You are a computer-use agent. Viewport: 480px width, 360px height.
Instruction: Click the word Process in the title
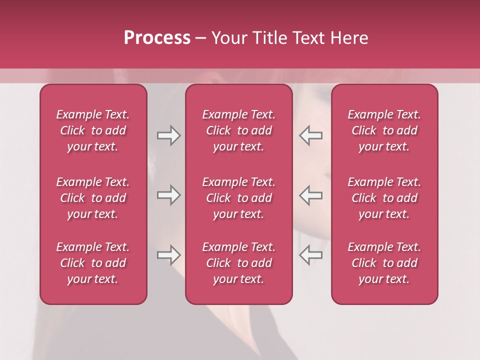coord(157,38)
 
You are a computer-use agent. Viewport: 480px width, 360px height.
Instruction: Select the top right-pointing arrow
coord(169,135)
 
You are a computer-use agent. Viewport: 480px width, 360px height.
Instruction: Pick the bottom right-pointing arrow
coord(169,255)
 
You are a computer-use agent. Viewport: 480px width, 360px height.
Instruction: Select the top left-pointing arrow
coord(310,135)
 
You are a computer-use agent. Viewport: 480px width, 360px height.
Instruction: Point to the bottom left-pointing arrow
coord(310,255)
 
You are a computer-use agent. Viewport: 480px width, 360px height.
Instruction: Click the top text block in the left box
coord(93,130)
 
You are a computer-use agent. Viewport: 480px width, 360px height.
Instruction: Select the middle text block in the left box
coord(93,198)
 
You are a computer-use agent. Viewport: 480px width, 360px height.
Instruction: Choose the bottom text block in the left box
coord(93,263)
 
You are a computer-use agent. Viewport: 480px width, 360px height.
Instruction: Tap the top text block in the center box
coord(239,130)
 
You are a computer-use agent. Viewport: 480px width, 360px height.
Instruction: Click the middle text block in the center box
coord(239,198)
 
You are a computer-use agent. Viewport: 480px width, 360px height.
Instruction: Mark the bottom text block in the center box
coord(239,263)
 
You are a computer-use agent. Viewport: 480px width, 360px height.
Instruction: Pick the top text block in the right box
coord(384,130)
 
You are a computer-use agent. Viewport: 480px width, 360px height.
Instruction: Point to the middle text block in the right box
coord(384,198)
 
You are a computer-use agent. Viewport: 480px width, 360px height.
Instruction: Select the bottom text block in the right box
coord(384,263)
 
